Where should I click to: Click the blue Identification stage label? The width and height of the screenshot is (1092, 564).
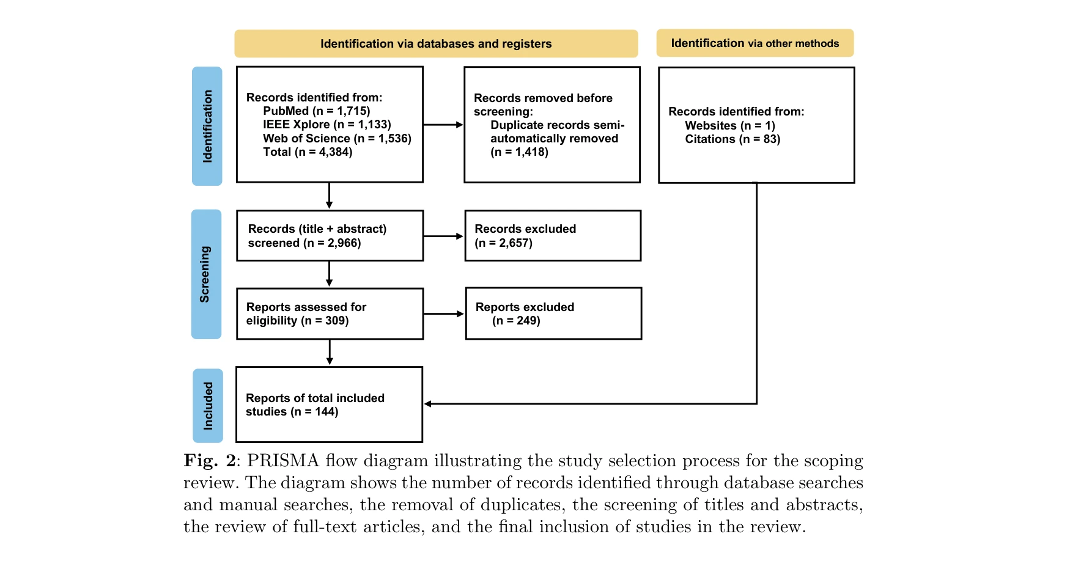point(207,126)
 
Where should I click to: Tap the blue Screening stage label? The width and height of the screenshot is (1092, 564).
point(206,274)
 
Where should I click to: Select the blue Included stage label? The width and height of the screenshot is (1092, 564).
point(208,406)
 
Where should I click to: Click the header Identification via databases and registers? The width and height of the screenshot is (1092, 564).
point(436,44)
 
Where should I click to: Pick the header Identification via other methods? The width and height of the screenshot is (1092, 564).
point(754,43)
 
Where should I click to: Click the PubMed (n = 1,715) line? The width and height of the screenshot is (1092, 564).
point(316,111)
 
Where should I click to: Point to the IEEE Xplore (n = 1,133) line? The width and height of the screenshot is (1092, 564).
point(326,125)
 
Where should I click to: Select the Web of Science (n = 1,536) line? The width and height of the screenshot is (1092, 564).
point(337,139)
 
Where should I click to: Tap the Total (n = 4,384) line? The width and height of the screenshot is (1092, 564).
point(308,152)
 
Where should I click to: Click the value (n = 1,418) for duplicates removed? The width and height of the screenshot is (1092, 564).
point(519,152)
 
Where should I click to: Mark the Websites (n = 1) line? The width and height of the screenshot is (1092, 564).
point(729,126)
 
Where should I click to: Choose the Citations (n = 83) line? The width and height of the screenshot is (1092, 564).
point(732,139)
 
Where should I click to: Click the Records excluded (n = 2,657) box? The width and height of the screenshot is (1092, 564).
point(553,236)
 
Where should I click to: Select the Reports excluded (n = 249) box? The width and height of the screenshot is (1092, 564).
point(553,313)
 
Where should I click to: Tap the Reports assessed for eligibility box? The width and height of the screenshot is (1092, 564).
point(330,313)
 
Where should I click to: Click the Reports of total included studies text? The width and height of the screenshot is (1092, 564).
point(315,405)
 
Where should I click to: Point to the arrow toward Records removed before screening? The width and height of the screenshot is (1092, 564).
point(443,125)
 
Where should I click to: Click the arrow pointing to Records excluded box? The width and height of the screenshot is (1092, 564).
point(443,236)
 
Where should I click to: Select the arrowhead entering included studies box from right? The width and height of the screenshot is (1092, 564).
point(429,404)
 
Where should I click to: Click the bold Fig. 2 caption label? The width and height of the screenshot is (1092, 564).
point(209,461)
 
